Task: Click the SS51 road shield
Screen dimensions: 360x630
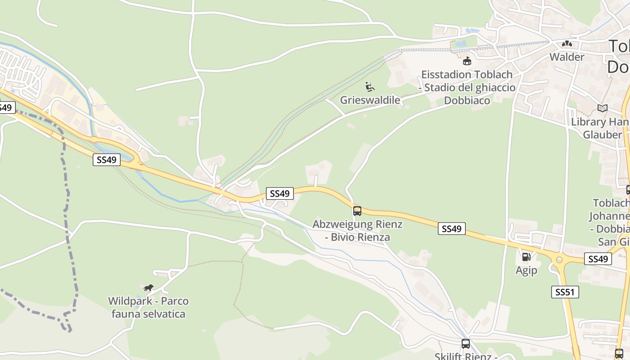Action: click(x=565, y=292)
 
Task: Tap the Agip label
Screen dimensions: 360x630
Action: click(x=526, y=270)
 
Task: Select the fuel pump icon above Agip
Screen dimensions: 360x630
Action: click(x=526, y=257)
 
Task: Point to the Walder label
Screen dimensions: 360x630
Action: click(x=567, y=57)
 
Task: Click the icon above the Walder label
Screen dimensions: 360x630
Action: click(x=567, y=44)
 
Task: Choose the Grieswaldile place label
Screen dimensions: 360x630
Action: click(x=370, y=100)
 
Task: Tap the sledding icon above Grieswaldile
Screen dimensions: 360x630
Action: click(x=370, y=86)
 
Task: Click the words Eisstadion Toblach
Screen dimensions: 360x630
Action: click(x=467, y=74)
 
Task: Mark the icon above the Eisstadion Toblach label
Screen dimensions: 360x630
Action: click(x=467, y=61)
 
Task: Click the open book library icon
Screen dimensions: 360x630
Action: click(x=602, y=108)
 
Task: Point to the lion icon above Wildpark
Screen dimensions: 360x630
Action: click(x=148, y=288)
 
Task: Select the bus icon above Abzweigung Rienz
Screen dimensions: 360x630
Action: click(x=357, y=211)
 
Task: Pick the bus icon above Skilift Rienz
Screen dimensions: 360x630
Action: click(x=465, y=344)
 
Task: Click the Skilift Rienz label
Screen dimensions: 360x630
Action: click(x=465, y=356)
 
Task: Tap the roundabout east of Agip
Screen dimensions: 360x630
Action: click(x=559, y=259)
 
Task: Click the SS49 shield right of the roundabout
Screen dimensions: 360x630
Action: click(x=598, y=259)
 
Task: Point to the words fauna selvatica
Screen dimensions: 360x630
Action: click(x=148, y=314)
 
